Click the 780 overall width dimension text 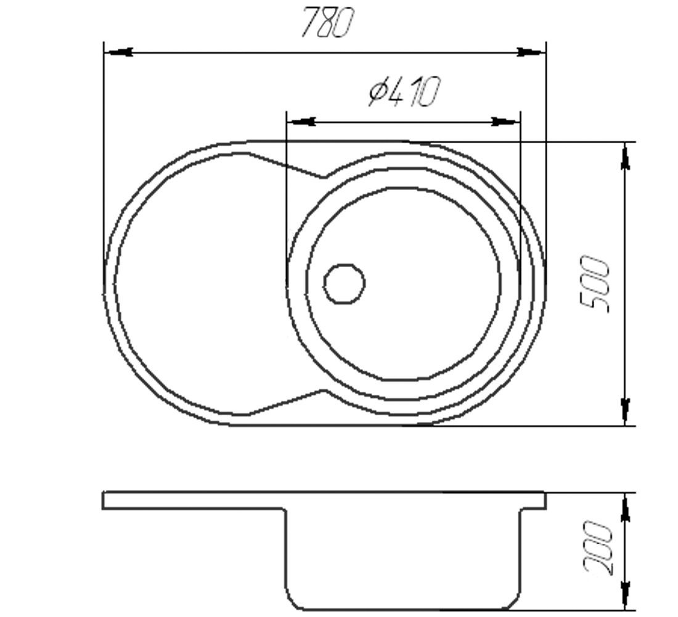pyautogui.click(x=327, y=22)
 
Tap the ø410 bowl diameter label pyautogui.click(x=404, y=91)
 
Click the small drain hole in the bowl pyautogui.click(x=345, y=284)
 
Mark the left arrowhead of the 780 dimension pyautogui.click(x=119, y=52)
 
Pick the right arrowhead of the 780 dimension pyautogui.click(x=531, y=52)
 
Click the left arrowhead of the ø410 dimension pyautogui.click(x=301, y=122)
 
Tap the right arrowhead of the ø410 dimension pyautogui.click(x=505, y=122)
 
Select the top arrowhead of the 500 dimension pyautogui.click(x=625, y=156)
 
